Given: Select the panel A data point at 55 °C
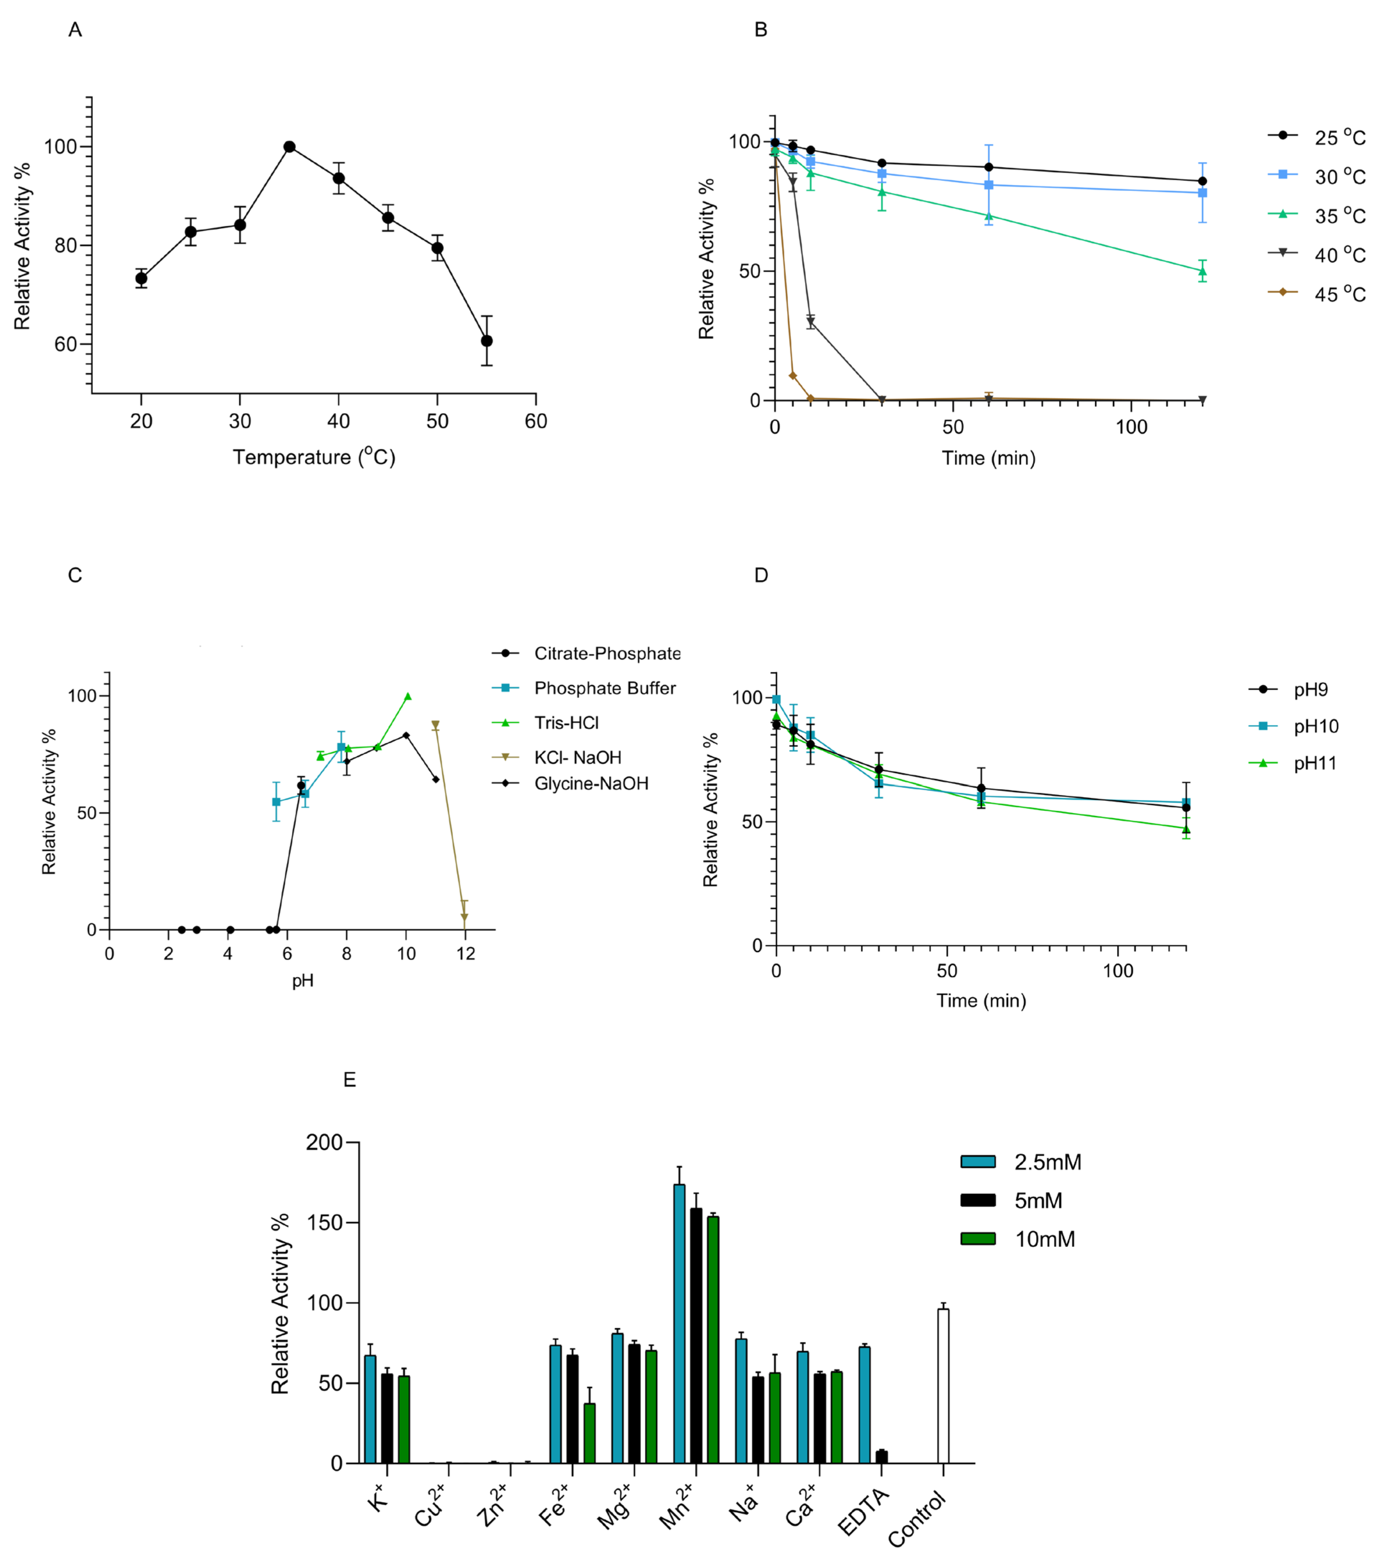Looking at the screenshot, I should [x=486, y=341].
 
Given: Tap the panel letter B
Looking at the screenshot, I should [x=760, y=30].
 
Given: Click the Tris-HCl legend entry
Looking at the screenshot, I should [x=566, y=723].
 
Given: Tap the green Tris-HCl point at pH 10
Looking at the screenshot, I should [x=407, y=696].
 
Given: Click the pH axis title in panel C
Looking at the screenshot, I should [x=303, y=980].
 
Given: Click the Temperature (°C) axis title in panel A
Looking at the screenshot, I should [x=313, y=457].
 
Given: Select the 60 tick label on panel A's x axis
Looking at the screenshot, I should [x=536, y=421].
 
